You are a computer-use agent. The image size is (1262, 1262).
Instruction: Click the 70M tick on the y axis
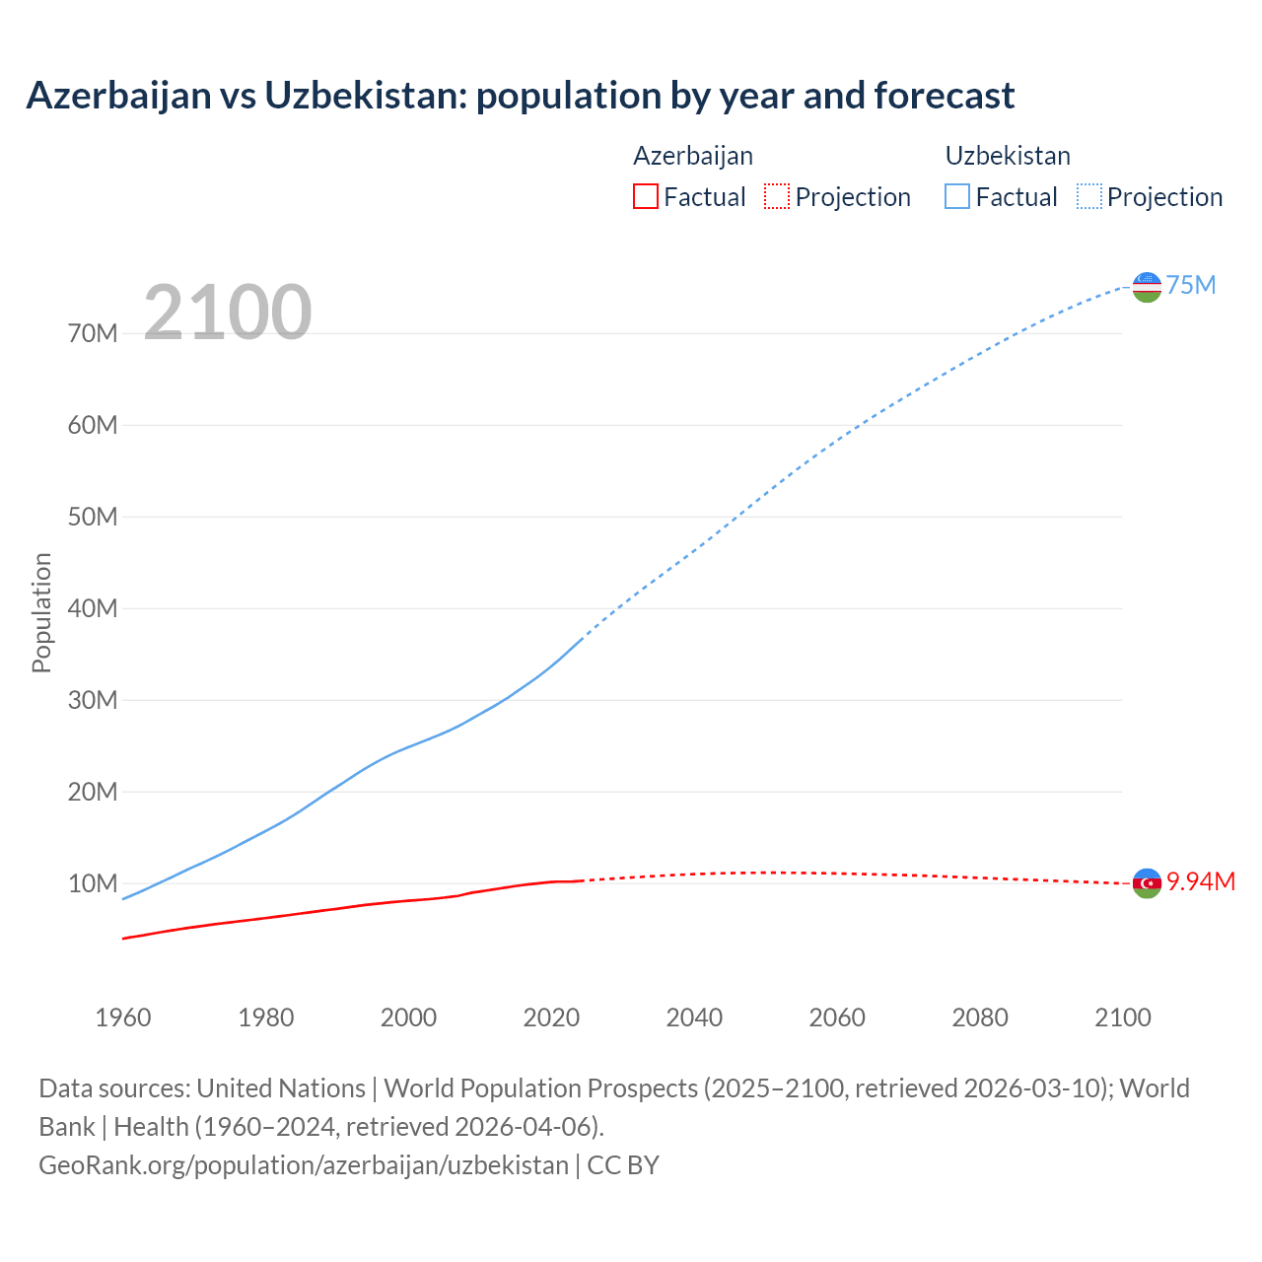point(93,333)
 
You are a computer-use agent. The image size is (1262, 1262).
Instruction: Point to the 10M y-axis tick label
point(93,883)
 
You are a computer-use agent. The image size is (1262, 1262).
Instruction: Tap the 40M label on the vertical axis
point(93,608)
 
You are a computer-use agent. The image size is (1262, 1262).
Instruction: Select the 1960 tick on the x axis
point(123,1017)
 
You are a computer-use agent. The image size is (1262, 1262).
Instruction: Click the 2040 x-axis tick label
point(694,1017)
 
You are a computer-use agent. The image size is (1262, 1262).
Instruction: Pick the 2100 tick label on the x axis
point(1122,1017)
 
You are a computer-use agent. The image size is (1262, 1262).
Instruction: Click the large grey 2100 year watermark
point(228,313)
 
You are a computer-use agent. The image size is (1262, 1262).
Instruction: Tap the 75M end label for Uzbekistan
point(1191,285)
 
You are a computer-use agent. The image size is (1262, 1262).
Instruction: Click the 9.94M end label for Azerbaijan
point(1200,881)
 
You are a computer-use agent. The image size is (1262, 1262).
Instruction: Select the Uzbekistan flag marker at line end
point(1147,287)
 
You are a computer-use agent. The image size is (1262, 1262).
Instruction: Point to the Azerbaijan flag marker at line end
point(1147,883)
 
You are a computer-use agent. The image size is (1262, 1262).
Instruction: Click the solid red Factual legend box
point(645,196)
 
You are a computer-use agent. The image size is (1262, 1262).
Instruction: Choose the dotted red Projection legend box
point(777,196)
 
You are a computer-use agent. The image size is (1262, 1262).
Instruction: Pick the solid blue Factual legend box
point(956,196)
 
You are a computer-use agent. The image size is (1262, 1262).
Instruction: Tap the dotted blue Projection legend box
point(1088,196)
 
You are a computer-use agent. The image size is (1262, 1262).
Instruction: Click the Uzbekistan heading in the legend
point(1008,156)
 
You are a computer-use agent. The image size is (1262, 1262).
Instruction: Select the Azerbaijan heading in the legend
point(693,156)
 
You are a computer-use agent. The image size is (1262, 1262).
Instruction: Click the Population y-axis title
point(41,612)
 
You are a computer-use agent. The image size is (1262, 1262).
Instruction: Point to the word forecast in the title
point(944,96)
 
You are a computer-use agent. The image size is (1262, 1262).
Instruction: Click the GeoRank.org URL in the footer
point(304,1164)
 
